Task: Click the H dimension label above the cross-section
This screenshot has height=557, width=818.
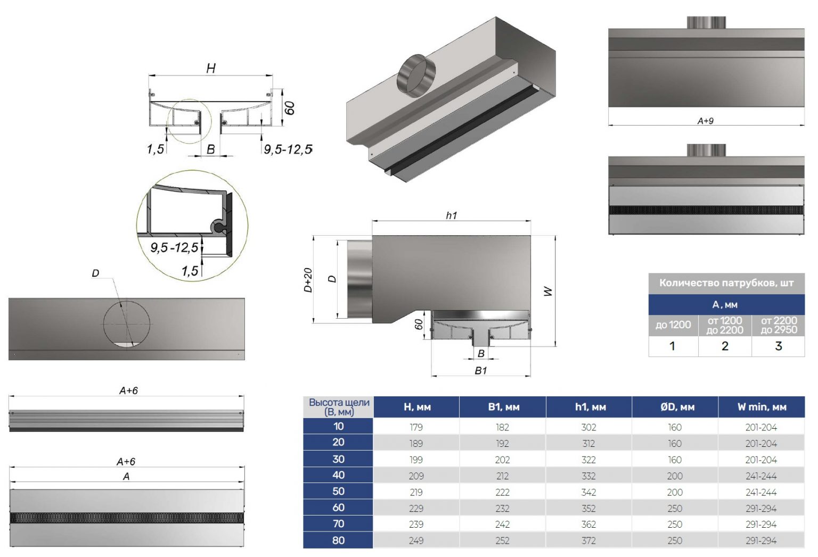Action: click(x=211, y=68)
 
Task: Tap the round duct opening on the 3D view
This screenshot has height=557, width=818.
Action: click(x=416, y=75)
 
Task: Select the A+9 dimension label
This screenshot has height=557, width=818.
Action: click(x=705, y=121)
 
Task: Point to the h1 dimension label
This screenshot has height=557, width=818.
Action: click(x=451, y=215)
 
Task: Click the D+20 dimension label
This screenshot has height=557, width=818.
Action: click(x=308, y=280)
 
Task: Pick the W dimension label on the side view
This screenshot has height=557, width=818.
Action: click(x=547, y=291)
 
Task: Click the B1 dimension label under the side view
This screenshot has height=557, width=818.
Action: click(x=480, y=370)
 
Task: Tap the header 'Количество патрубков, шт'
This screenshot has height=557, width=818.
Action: click(x=726, y=283)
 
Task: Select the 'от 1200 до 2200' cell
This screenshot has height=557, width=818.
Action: click(x=724, y=325)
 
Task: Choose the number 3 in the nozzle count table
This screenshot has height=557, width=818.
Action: click(x=778, y=346)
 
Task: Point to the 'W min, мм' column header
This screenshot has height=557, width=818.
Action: click(x=762, y=407)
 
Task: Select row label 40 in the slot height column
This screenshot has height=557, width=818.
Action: click(x=338, y=475)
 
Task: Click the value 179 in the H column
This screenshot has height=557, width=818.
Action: click(x=416, y=427)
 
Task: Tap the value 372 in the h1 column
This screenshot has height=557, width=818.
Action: click(x=588, y=541)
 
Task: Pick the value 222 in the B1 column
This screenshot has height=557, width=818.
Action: click(x=502, y=492)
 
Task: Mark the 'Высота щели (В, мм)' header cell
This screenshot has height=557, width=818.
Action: click(x=339, y=407)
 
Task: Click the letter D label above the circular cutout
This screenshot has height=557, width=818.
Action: click(x=95, y=273)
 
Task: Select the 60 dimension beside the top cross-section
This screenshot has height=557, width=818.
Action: click(x=289, y=108)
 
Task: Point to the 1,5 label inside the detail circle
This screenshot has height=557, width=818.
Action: click(x=190, y=271)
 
